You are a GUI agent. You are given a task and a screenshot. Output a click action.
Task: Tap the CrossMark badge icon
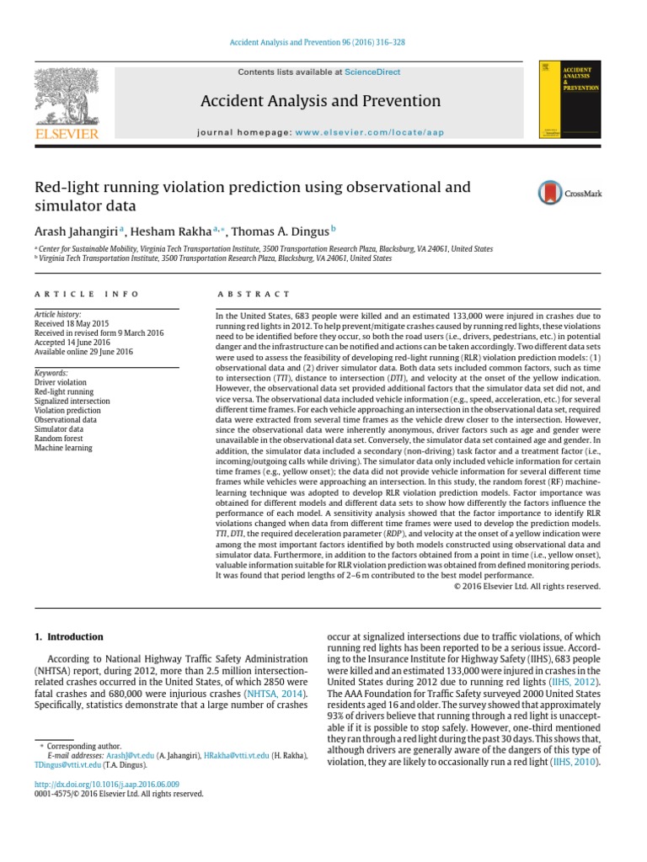[x=569, y=194]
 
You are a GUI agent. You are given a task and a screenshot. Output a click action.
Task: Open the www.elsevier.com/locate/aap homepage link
[x=369, y=132]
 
